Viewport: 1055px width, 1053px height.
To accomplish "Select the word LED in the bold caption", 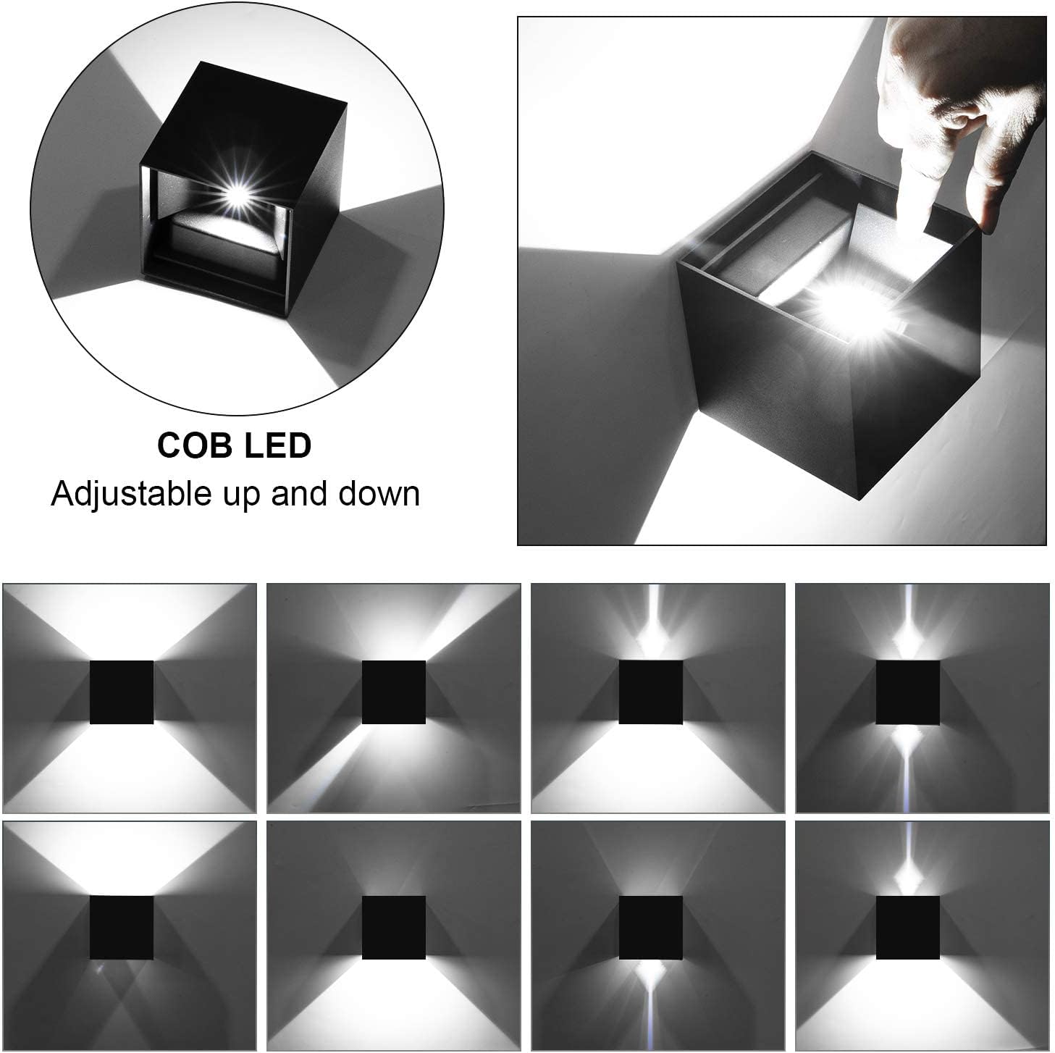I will click(278, 445).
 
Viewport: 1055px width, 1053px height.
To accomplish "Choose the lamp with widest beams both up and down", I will click(122, 692).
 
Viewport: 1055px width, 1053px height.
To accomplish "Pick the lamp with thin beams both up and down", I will click(907, 692).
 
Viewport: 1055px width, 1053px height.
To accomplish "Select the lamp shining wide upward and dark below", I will click(122, 927).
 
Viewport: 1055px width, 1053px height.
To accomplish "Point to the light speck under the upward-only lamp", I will click(99, 968).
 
